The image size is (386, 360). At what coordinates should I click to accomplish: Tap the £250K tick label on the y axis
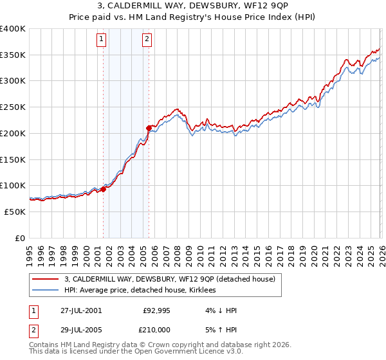click(12, 107)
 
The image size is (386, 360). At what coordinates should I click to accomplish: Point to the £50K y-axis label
click(14, 212)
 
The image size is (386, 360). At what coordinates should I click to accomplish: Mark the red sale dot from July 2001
click(103, 189)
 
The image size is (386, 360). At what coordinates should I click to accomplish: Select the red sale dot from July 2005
click(149, 128)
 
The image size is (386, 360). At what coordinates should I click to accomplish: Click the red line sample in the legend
click(46, 279)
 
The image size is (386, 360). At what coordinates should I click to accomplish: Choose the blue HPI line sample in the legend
click(46, 290)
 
